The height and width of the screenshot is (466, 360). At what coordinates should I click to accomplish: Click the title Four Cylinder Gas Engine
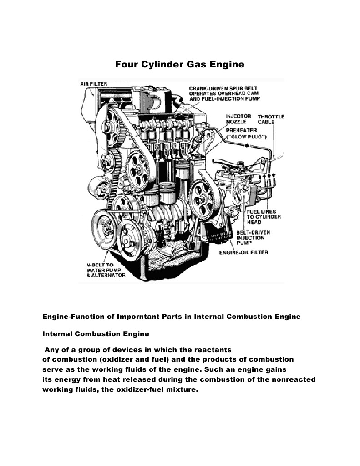click(x=180, y=65)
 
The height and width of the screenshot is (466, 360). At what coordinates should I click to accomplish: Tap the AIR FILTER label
click(x=94, y=84)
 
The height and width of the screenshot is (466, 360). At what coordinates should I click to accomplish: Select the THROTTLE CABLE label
click(x=271, y=119)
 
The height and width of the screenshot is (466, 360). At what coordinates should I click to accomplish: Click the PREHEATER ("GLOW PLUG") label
click(x=246, y=133)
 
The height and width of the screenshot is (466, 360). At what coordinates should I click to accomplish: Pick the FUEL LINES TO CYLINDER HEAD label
click(x=264, y=217)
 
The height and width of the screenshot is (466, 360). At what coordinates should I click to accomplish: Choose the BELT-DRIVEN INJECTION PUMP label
click(x=253, y=238)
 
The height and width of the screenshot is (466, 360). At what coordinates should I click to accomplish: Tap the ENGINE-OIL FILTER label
click(x=243, y=252)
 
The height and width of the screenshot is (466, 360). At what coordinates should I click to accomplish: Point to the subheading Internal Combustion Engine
click(x=96, y=334)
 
